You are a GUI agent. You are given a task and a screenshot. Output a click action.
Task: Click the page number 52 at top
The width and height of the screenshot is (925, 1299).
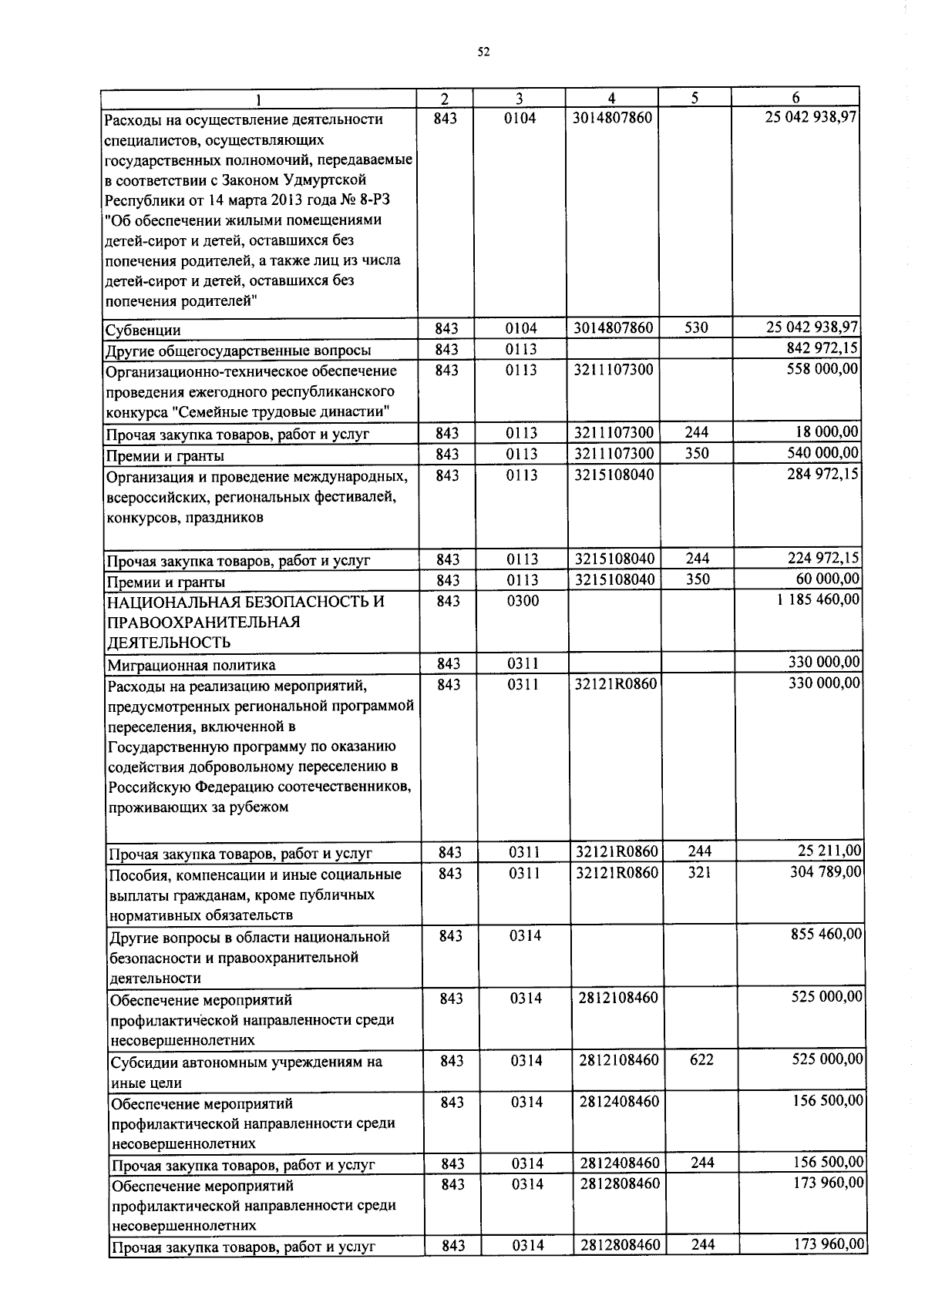click(x=483, y=52)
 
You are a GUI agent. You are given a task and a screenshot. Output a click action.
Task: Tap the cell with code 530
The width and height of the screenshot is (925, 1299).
click(x=696, y=328)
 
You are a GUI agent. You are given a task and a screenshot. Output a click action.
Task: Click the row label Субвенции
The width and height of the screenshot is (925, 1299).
click(x=143, y=331)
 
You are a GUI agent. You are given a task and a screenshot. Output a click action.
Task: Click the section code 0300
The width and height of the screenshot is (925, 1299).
click(x=523, y=601)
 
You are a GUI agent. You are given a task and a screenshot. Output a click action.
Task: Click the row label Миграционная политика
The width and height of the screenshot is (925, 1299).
click(x=191, y=665)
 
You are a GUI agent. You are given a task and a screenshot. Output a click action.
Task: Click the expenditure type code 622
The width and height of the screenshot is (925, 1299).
click(x=701, y=1060)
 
